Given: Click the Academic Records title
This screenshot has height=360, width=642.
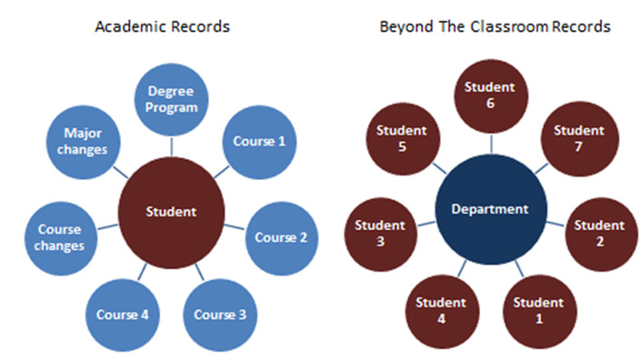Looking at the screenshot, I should click(162, 26).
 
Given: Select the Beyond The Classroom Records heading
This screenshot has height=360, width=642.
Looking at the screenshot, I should click(494, 26).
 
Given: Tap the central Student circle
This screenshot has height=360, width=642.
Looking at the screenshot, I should click(171, 212).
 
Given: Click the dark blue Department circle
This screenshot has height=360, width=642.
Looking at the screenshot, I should click(491, 209).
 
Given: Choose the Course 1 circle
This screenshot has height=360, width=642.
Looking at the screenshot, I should click(259, 141).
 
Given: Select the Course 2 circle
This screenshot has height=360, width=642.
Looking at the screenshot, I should click(280, 237).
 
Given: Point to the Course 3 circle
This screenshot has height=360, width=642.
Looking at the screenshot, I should click(220, 315).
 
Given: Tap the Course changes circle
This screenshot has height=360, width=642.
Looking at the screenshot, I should click(61, 237).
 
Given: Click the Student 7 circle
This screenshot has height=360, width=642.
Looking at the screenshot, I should click(578, 138).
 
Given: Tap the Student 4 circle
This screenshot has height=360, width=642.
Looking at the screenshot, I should click(441, 310).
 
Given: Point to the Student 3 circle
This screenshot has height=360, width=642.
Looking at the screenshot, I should click(380, 233).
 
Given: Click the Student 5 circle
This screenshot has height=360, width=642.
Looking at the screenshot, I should click(401, 138).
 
